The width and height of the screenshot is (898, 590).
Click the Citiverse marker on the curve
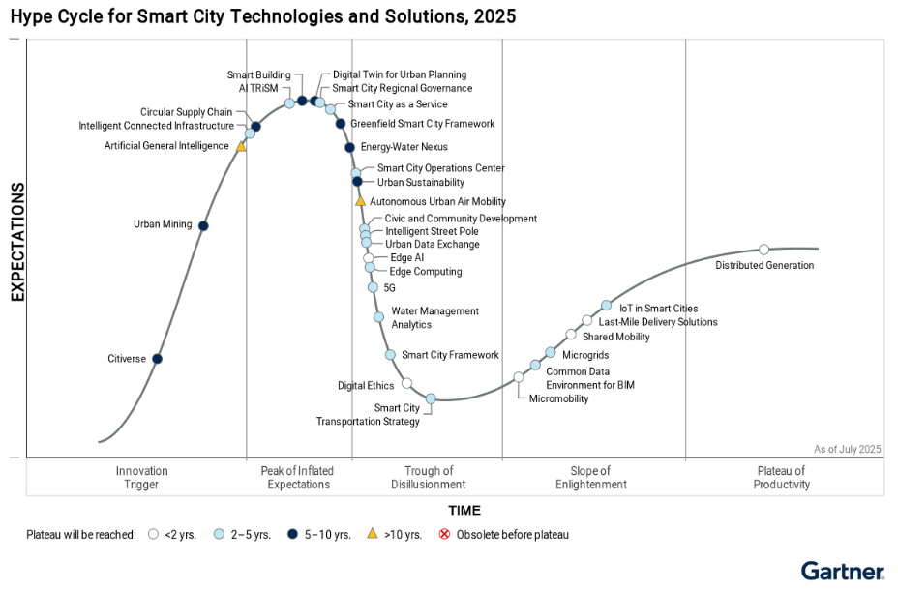pyautogui.click(x=158, y=359)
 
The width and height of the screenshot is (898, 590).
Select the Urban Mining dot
pyautogui.click(x=203, y=225)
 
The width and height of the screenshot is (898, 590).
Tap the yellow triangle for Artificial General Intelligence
pyautogui.click(x=241, y=146)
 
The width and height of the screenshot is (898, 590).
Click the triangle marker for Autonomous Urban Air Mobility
pyautogui.click(x=360, y=201)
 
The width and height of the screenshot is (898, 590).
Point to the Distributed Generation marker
pyautogui.click(x=763, y=250)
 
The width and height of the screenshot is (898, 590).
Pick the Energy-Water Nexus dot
pyautogui.click(x=349, y=147)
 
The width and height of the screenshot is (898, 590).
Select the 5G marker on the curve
pyautogui.click(x=373, y=287)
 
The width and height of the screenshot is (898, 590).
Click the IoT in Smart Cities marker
pyautogui.click(x=607, y=306)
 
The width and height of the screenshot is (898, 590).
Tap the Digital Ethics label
pyautogui.click(x=366, y=386)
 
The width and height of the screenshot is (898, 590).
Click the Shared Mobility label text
pyautogui.click(x=615, y=338)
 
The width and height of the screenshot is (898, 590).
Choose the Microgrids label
pyautogui.click(x=585, y=356)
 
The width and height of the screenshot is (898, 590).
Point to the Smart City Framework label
pyautogui.click(x=450, y=356)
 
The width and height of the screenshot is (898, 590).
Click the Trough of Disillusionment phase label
pyautogui.click(x=429, y=478)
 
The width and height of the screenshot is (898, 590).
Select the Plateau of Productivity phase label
pyautogui.click(x=781, y=478)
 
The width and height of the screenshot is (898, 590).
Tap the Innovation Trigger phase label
pyautogui.click(x=142, y=478)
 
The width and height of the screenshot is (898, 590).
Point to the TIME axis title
pyautogui.click(x=464, y=511)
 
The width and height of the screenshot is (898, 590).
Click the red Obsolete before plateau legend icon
pyautogui.click(x=445, y=534)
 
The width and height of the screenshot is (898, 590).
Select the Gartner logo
pyautogui.click(x=842, y=571)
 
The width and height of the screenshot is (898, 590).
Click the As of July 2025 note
pyautogui.click(x=848, y=449)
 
